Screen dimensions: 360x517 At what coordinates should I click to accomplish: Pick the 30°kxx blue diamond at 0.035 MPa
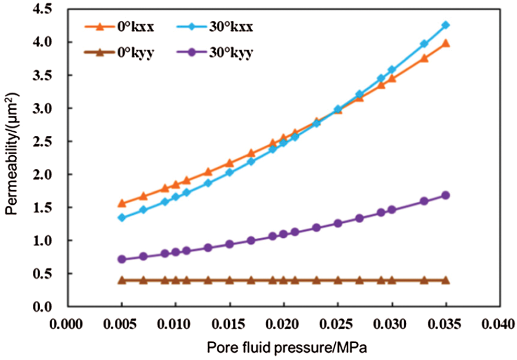pyautogui.click(x=445, y=25)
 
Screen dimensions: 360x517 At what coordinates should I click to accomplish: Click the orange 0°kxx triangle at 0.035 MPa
pyautogui.click(x=445, y=43)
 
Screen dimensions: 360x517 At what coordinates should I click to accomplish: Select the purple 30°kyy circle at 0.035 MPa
pyautogui.click(x=445, y=195)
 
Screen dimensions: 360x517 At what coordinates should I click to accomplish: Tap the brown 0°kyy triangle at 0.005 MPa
pyautogui.click(x=122, y=280)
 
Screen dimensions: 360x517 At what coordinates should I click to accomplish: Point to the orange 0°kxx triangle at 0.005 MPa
pyautogui.click(x=122, y=203)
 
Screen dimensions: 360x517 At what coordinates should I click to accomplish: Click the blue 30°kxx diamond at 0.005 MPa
pyautogui.click(x=122, y=217)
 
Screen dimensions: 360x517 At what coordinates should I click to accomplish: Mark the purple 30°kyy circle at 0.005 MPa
pyautogui.click(x=122, y=259)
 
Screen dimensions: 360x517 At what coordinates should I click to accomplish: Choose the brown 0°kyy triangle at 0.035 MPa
pyautogui.click(x=445, y=280)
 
